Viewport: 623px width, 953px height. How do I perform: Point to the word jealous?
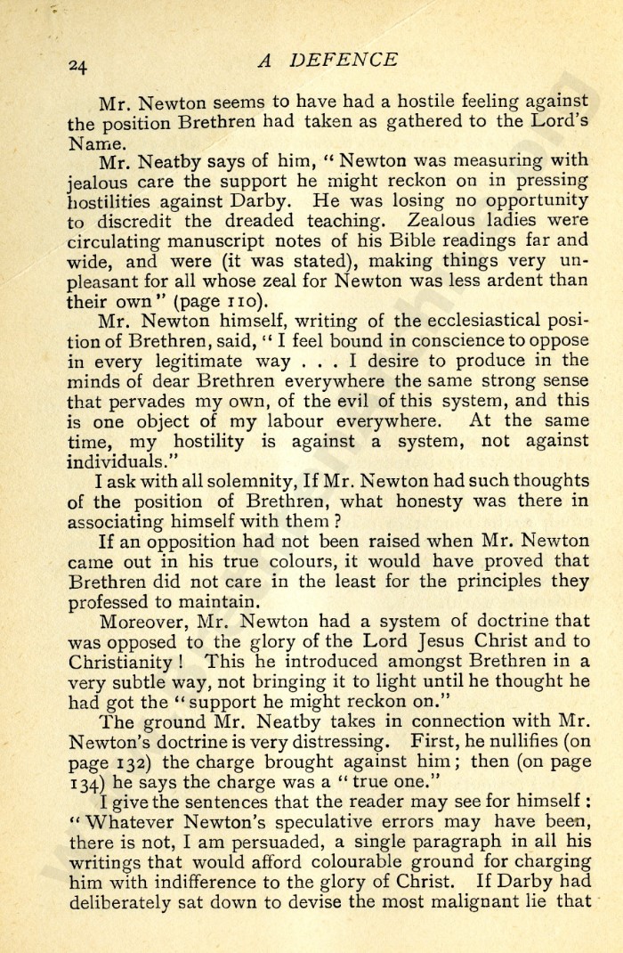[x=101, y=183]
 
